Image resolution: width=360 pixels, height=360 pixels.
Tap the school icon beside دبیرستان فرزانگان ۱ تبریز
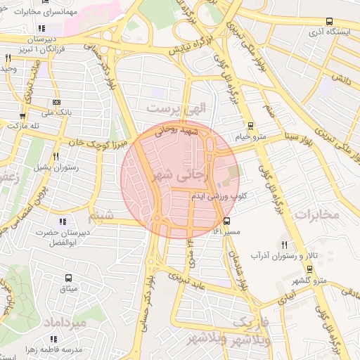click(41, 29)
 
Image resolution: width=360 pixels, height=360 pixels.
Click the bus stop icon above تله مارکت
click(22, 116)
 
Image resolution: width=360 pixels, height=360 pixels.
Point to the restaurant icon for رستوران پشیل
click(56, 156)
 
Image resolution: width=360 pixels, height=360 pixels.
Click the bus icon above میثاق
click(68, 278)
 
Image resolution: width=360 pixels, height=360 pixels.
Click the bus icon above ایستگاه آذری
click(330, 22)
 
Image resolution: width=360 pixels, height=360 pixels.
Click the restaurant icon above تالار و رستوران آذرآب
click(284, 244)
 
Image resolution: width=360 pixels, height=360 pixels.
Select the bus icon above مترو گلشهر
click(309, 270)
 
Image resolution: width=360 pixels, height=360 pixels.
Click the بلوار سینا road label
click(296, 134)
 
